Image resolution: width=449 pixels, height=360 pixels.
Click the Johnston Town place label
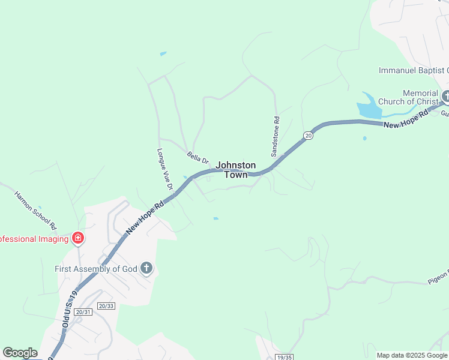236,170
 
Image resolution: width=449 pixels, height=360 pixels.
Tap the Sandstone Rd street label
277,136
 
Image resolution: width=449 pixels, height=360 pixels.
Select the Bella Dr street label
197,158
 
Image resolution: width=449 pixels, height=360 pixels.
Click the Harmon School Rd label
35,211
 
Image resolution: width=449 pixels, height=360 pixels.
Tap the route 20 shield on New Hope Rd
308,136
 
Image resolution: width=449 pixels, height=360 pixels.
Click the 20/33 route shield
106,306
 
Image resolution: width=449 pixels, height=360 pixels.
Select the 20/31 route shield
83,312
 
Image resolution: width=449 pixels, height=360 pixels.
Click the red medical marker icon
77,239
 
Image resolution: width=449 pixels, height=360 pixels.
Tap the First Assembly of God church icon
146,269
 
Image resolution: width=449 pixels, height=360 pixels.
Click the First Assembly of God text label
96,269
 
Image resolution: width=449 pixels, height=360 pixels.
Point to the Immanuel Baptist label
413,70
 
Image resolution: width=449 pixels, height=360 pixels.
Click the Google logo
20,353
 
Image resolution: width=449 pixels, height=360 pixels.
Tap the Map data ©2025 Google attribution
411,355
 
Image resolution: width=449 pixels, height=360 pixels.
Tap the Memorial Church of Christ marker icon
445,96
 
